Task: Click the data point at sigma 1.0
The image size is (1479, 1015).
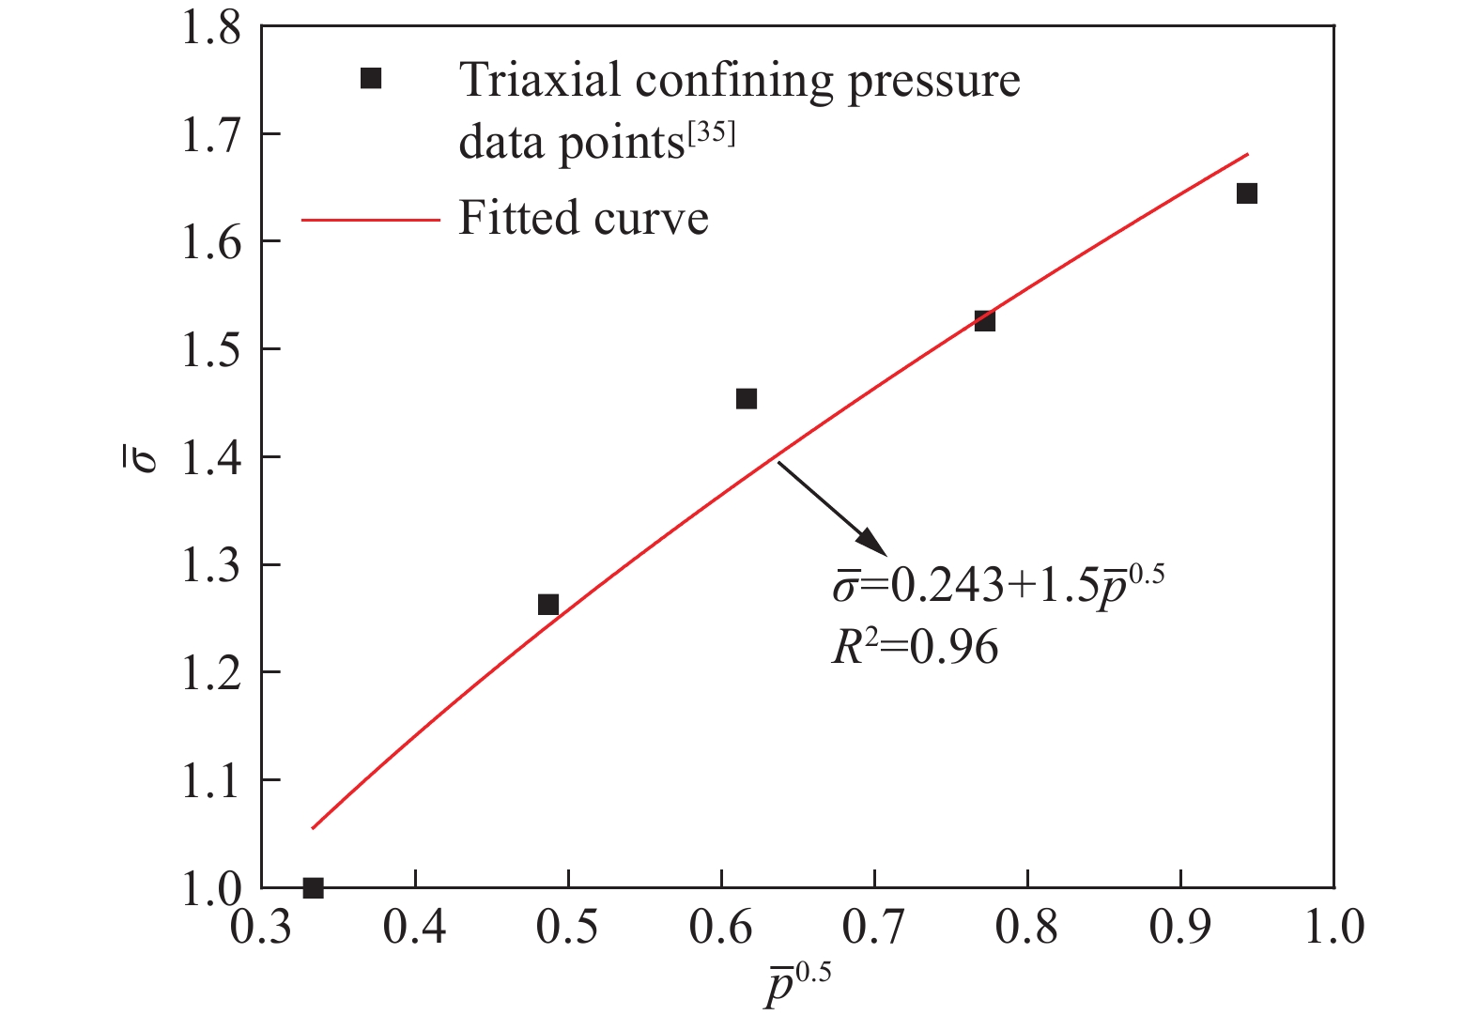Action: click(313, 887)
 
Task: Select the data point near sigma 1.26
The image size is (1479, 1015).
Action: click(548, 605)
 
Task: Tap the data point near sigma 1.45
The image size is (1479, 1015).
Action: click(747, 399)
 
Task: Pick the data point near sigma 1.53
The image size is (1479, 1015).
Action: click(984, 321)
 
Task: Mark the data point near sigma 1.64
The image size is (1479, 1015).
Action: click(1247, 193)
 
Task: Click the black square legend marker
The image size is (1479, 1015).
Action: click(371, 79)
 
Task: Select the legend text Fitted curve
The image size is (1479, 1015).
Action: click(583, 219)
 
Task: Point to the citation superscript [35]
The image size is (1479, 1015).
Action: click(711, 134)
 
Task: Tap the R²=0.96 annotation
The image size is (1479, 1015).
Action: click(915, 648)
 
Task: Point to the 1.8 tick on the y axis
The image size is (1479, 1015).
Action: click(211, 28)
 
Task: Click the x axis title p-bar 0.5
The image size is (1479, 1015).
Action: click(797, 985)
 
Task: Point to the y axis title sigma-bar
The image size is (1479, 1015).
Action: click(147, 457)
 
